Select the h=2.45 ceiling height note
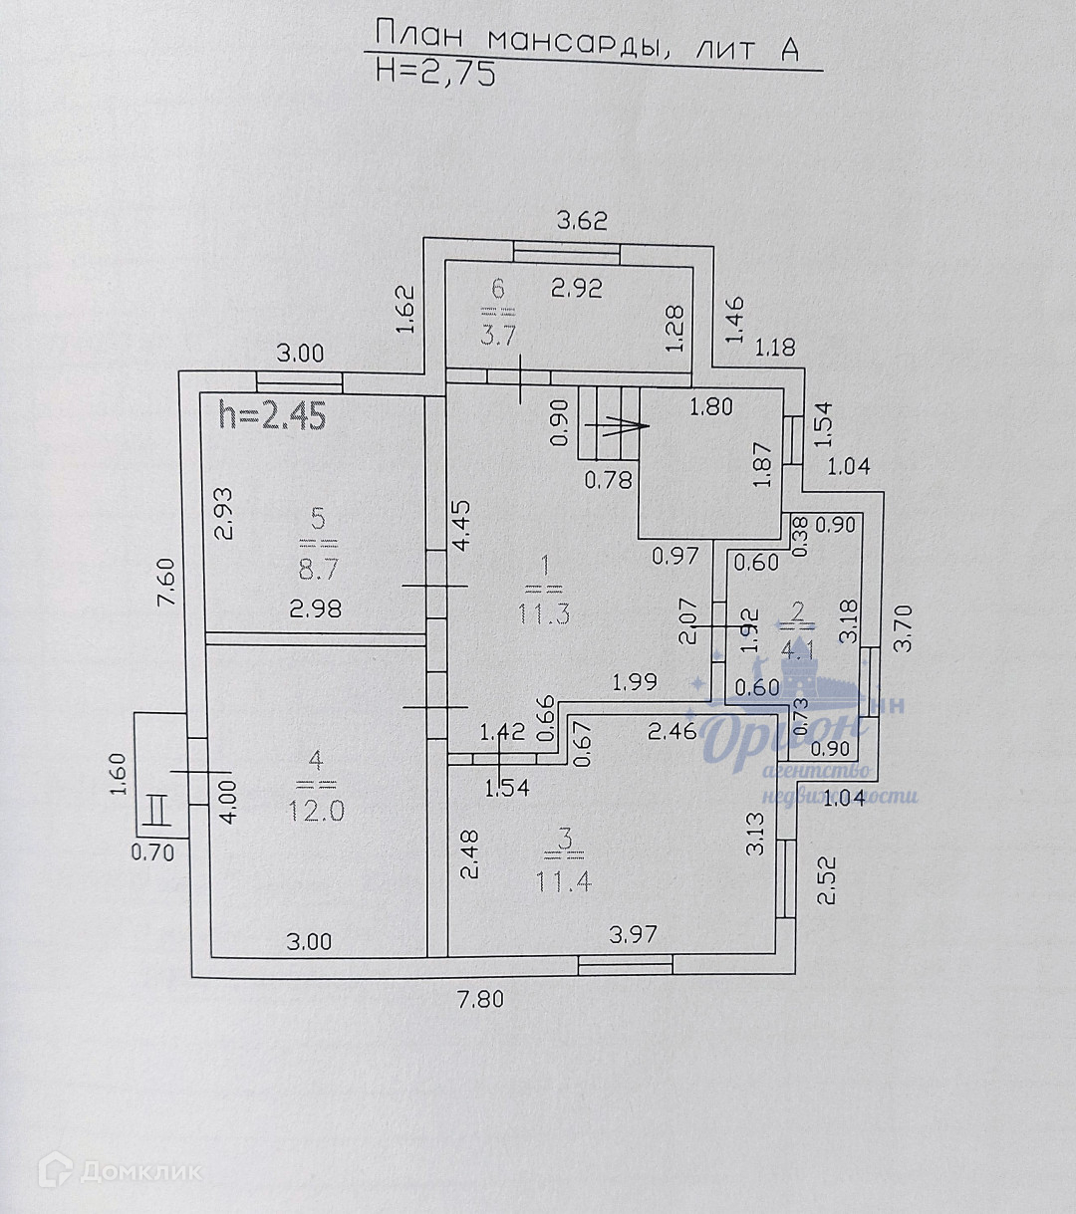(272, 414)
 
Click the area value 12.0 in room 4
(317, 810)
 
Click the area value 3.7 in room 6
(498, 335)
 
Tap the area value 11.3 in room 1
(544, 612)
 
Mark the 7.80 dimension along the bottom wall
(481, 1000)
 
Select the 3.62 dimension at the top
(582, 221)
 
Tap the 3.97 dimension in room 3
(633, 934)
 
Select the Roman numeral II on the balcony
(155, 808)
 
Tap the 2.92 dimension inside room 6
(578, 289)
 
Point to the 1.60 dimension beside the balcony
(118, 773)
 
